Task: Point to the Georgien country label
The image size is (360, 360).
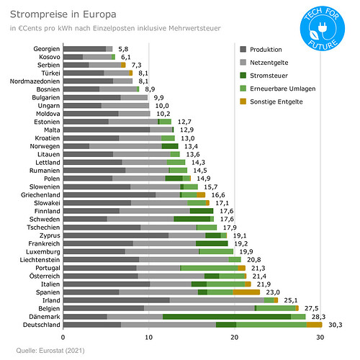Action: pyautogui.click(x=44, y=48)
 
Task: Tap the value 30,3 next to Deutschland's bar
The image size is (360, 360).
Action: pyautogui.click(x=335, y=325)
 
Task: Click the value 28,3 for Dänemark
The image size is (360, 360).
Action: pyautogui.click(x=318, y=316)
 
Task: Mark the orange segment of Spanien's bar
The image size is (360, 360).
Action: pyautogui.click(x=246, y=292)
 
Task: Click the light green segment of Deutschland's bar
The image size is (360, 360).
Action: pyautogui.click(x=271, y=325)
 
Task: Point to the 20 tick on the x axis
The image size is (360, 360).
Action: pyautogui.click(x=234, y=336)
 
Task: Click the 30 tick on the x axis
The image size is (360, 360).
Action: pyautogui.click(x=320, y=336)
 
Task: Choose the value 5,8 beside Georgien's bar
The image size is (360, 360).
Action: pyautogui.click(x=123, y=48)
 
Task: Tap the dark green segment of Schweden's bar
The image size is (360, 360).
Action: pyautogui.click(x=192, y=218)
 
